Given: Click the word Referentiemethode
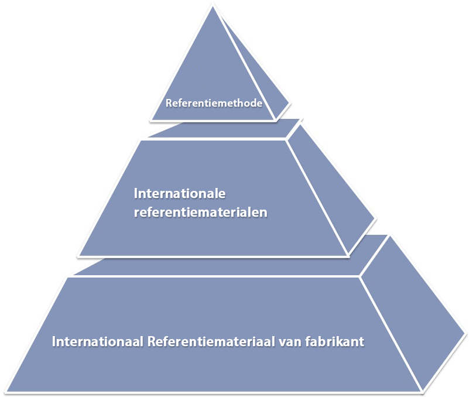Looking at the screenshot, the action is (x=214, y=103).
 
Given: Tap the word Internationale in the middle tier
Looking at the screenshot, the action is (x=180, y=194).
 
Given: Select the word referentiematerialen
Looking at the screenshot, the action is (x=200, y=212).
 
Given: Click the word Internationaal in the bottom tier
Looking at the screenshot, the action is (x=98, y=341).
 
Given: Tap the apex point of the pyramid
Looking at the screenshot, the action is (x=213, y=6).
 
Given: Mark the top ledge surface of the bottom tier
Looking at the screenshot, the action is (x=230, y=255).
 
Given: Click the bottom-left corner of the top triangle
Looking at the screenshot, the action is (x=150, y=121).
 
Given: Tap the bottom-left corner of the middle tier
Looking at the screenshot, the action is (x=78, y=256).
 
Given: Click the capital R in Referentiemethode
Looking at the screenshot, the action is (x=169, y=103).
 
